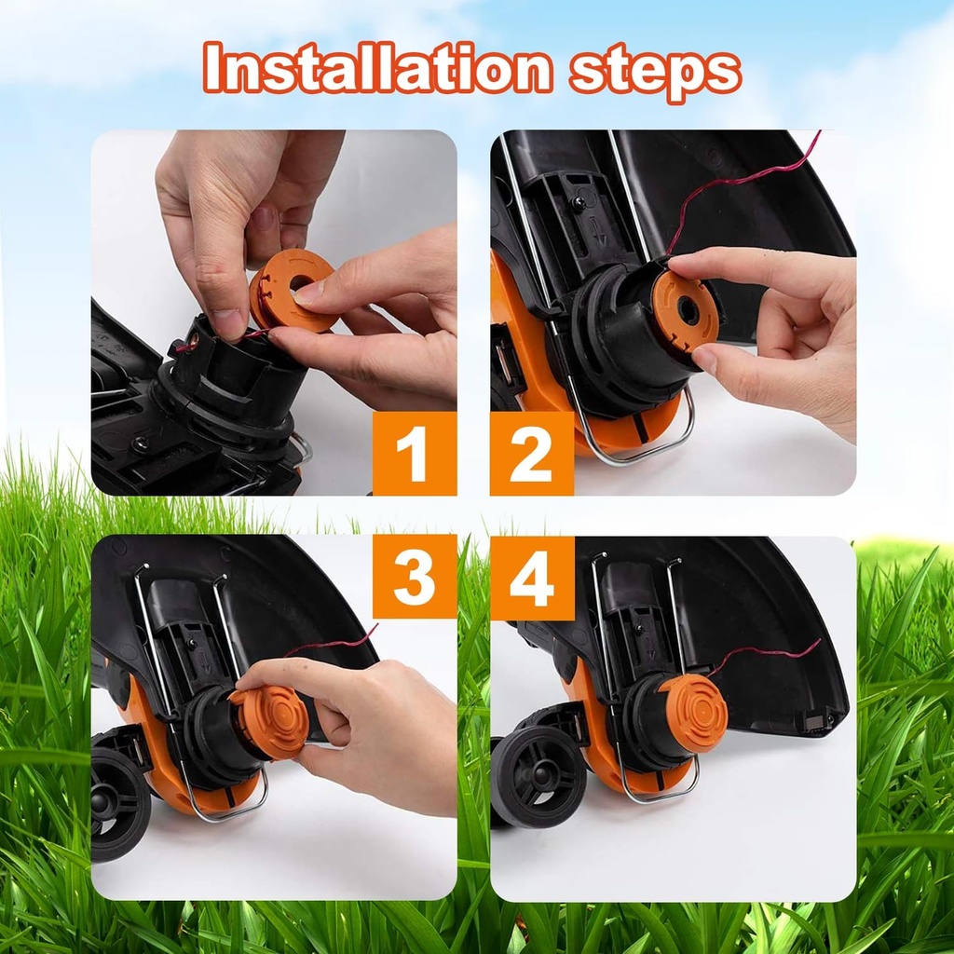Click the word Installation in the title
pyautogui.click(x=378, y=67)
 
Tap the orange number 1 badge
pyautogui.click(x=415, y=454)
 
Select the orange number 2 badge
pyautogui.click(x=532, y=454)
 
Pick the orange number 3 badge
pyautogui.click(x=415, y=576)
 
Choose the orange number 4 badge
pyautogui.click(x=532, y=578)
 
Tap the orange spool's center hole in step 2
pyautogui.click(x=688, y=311)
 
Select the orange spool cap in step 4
pyautogui.click(x=693, y=713)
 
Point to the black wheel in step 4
pyautogui.click(x=538, y=776)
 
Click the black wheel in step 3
pyautogui.click(x=120, y=803)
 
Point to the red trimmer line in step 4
pyautogui.click(x=764, y=653)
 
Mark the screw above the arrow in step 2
pyautogui.click(x=579, y=202)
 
